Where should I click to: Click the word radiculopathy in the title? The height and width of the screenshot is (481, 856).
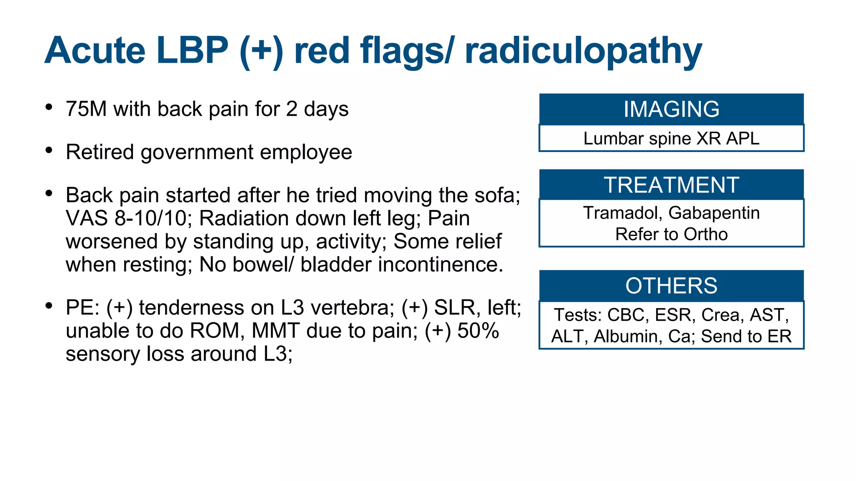[x=583, y=51]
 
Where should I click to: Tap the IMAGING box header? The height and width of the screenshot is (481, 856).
[x=671, y=109]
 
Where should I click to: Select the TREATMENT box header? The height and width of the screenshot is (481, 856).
[x=671, y=185]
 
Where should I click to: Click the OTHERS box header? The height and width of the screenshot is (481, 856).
[x=671, y=286]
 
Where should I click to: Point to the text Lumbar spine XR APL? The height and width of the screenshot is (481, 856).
[x=671, y=139]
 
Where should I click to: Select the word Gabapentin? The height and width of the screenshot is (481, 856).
[x=714, y=213]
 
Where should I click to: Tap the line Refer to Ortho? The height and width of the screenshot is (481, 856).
[x=671, y=234]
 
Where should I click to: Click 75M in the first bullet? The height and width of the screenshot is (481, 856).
[x=86, y=109]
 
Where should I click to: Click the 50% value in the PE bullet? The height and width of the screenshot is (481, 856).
[x=478, y=331]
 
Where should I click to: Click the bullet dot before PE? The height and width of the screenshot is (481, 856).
[x=49, y=306]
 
